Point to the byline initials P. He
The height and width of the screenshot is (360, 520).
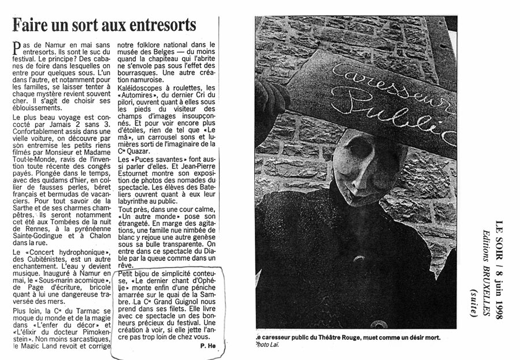pos(208,346)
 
